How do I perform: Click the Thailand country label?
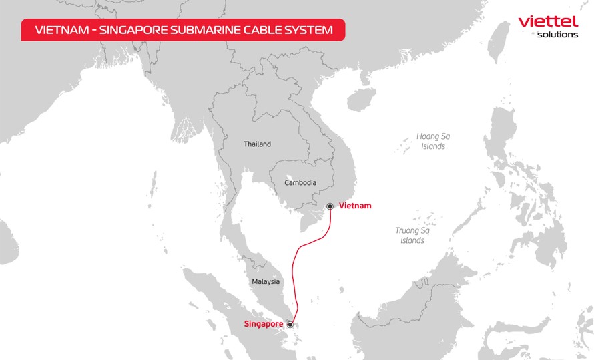tap(257, 144)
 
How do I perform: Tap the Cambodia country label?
tap(300, 183)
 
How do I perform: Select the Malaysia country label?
tap(266, 281)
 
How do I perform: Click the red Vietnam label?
tap(355, 206)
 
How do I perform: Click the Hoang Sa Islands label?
tap(433, 141)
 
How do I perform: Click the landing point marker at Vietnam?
tap(330, 206)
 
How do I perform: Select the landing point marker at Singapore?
tap(290, 325)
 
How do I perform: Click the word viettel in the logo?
tap(547, 21)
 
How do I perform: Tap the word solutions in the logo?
tap(557, 35)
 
